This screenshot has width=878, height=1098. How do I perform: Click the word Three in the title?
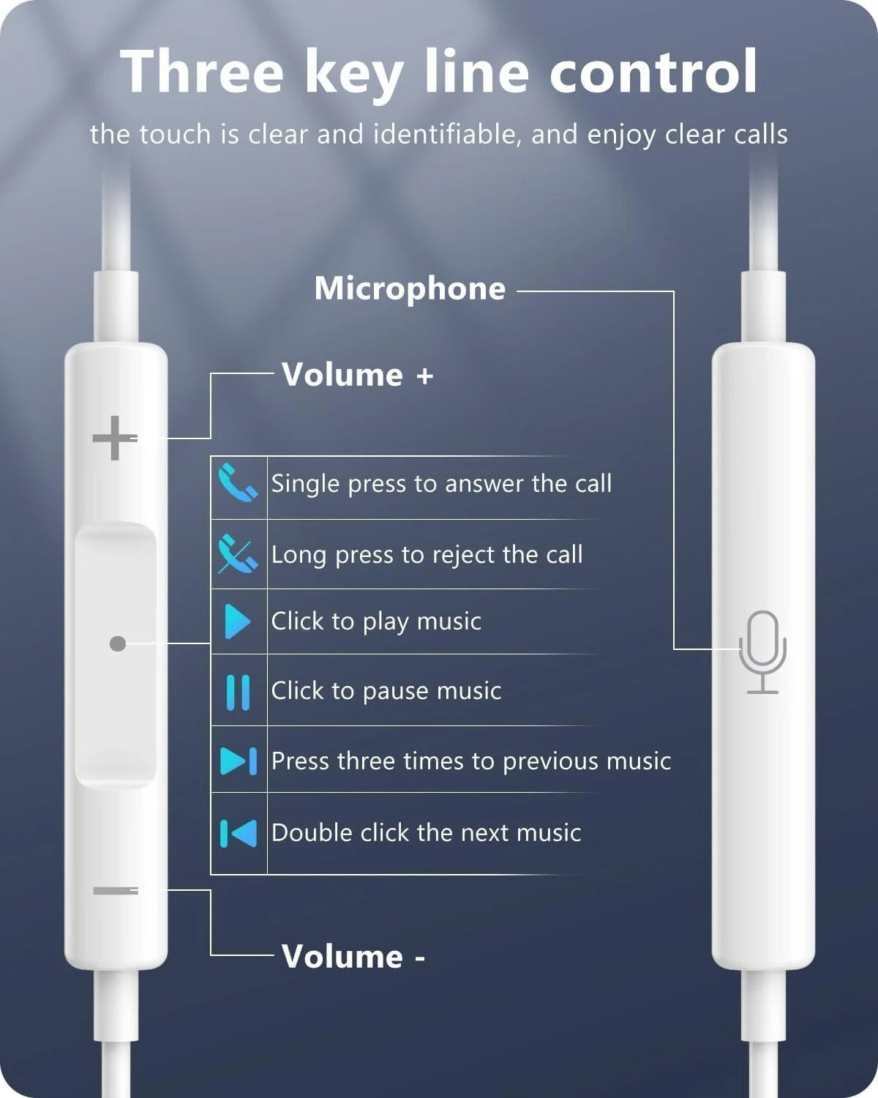tap(202, 72)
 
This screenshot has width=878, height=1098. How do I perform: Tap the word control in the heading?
tap(653, 72)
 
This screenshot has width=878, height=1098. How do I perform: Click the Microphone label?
tap(410, 288)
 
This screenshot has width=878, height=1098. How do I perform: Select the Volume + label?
tap(358, 375)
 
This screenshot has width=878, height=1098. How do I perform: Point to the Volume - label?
tap(353, 957)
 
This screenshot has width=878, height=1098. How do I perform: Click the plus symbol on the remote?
tap(114, 438)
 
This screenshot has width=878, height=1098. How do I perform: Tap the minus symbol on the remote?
tap(116, 890)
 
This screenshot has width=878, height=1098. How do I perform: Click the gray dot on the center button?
tap(117, 643)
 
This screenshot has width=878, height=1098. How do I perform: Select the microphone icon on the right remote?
tap(762, 651)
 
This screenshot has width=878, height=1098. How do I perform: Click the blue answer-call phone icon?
tap(238, 482)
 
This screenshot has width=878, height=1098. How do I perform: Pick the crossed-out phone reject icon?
tap(238, 554)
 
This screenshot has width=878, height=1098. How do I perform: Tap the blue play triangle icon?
tap(237, 621)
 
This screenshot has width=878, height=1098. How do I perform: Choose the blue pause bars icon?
tap(238, 692)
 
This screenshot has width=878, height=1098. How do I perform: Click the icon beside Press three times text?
tap(239, 761)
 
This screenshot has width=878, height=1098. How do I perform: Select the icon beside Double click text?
tap(239, 833)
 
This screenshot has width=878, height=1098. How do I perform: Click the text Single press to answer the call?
tap(441, 484)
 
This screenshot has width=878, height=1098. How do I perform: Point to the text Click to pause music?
tap(386, 691)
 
